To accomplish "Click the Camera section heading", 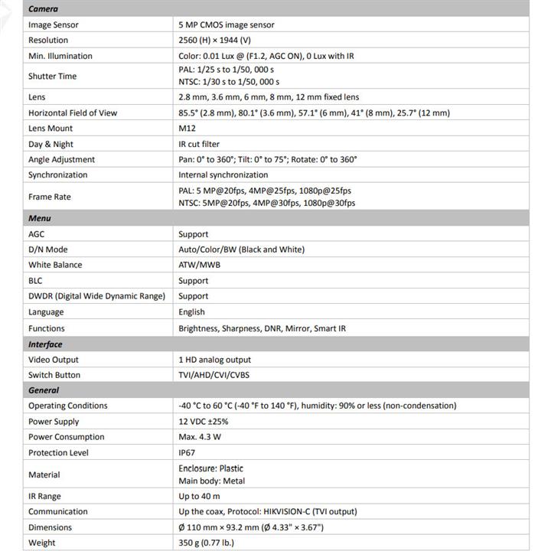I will (x=44, y=8).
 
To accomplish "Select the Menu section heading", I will (x=40, y=218).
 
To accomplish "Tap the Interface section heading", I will (x=46, y=344).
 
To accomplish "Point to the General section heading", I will (x=44, y=390).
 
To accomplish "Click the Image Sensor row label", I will (x=54, y=24).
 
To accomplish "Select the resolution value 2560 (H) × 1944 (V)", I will (x=225, y=40).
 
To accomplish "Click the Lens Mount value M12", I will (x=187, y=129).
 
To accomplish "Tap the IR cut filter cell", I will (x=198, y=144).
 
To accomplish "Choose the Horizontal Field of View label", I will (x=73, y=112).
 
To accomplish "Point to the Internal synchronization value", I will (x=223, y=174).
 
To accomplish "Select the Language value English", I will (x=191, y=311).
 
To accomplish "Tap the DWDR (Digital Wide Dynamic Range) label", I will (x=96, y=296).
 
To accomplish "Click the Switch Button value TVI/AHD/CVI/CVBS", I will (x=214, y=375).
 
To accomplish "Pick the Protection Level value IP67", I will (x=187, y=452).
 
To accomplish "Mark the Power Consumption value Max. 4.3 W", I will (x=200, y=437).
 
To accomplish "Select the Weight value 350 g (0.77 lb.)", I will (x=206, y=543).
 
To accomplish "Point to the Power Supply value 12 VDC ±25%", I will (x=205, y=422).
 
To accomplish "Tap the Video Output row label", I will (x=54, y=360).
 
